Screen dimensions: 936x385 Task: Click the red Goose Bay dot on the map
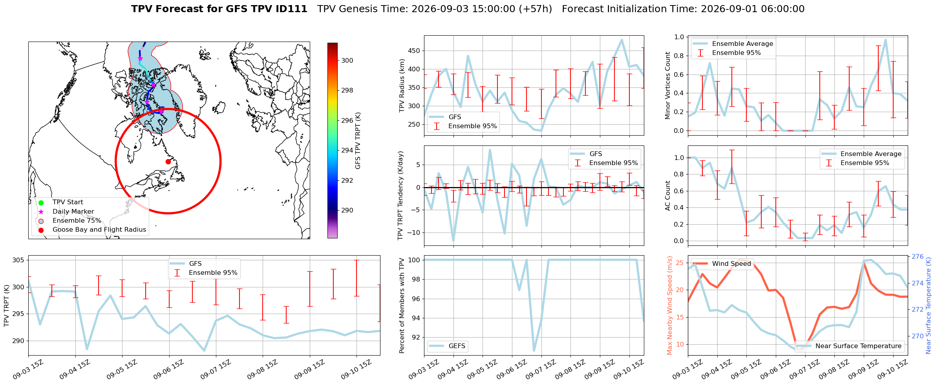tap(168, 162)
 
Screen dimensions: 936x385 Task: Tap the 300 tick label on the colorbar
tap(347, 60)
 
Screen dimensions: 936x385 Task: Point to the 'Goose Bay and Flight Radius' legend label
tap(99, 229)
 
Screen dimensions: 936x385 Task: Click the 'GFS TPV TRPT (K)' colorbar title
tap(358, 141)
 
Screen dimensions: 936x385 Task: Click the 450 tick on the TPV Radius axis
tap(414, 51)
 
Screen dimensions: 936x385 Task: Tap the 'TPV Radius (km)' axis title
tap(402, 85)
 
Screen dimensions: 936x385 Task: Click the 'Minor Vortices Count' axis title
tap(667, 85)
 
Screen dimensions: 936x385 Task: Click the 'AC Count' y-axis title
tap(667, 196)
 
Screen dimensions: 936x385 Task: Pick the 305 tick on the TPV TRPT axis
tap(18, 260)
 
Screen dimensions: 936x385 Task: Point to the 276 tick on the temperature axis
tap(918, 256)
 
